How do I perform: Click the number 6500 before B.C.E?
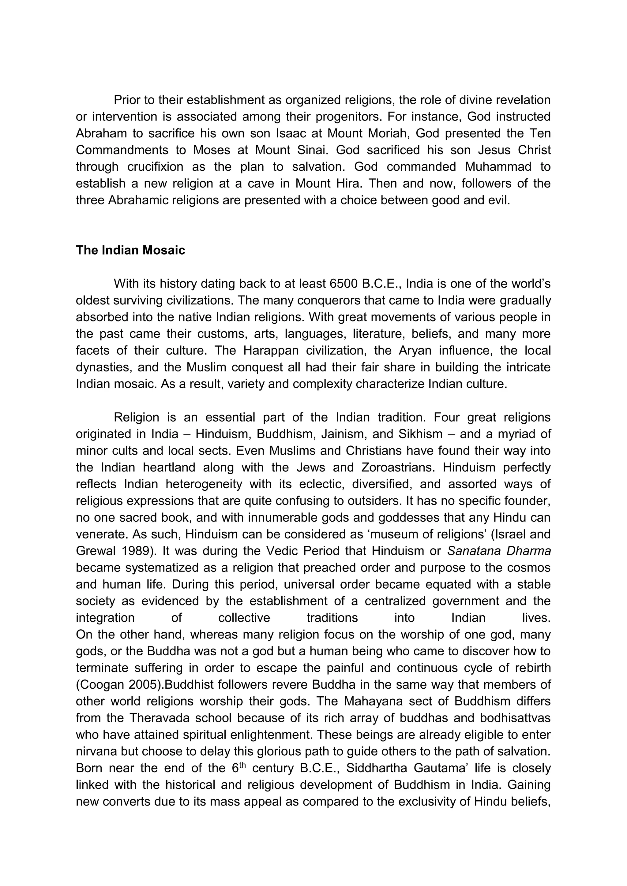344,284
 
